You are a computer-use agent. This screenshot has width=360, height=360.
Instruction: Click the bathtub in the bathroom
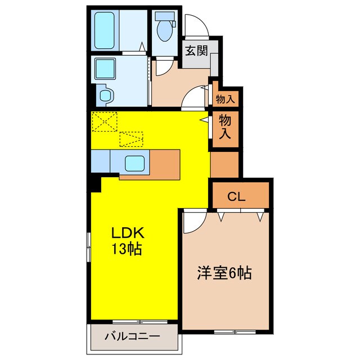coord(106,31)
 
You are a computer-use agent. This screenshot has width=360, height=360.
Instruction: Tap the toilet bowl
coord(165,33)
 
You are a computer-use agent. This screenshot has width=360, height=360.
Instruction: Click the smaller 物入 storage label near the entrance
coord(226,99)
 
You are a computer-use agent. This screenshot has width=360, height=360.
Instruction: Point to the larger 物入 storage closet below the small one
coord(225,127)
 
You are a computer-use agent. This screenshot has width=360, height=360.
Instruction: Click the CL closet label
coord(237,196)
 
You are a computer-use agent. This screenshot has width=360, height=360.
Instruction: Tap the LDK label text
coord(128,233)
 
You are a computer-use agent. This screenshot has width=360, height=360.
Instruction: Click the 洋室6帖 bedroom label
coord(224,274)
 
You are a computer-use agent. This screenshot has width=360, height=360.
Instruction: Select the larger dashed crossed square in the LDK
coord(105,122)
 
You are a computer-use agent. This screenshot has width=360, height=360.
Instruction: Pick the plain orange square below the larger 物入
coord(225,165)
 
